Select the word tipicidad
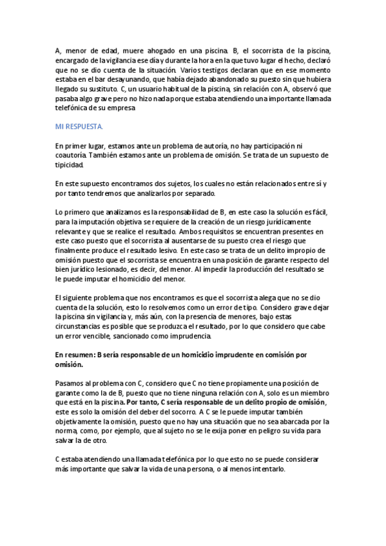[x=70, y=165]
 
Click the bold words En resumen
[x=73, y=355]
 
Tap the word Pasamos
[x=70, y=383]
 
